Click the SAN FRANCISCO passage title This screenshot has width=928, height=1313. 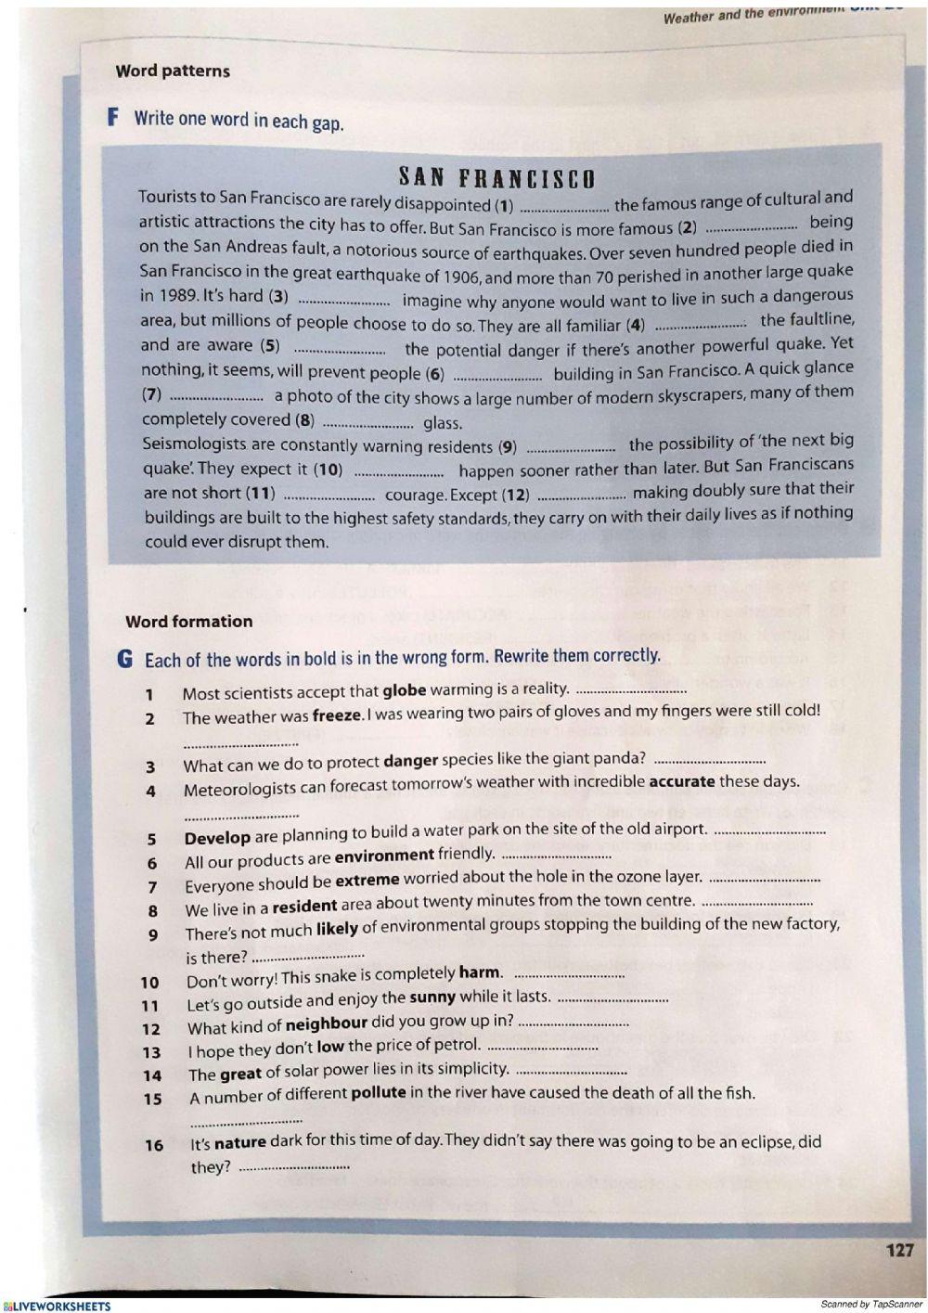click(x=496, y=176)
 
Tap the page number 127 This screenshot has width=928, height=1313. click(x=899, y=1250)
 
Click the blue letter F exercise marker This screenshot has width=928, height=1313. click(x=113, y=117)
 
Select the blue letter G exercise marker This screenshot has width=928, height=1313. click(x=125, y=659)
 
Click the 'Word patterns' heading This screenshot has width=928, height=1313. click(x=173, y=71)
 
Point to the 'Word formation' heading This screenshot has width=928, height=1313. click(x=188, y=622)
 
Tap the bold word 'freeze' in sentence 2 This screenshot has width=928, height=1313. click(x=336, y=715)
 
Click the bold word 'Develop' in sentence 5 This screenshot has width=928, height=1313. click(x=217, y=838)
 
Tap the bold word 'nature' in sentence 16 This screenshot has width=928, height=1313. click(x=239, y=1143)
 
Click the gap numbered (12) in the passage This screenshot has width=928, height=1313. click(x=581, y=496)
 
